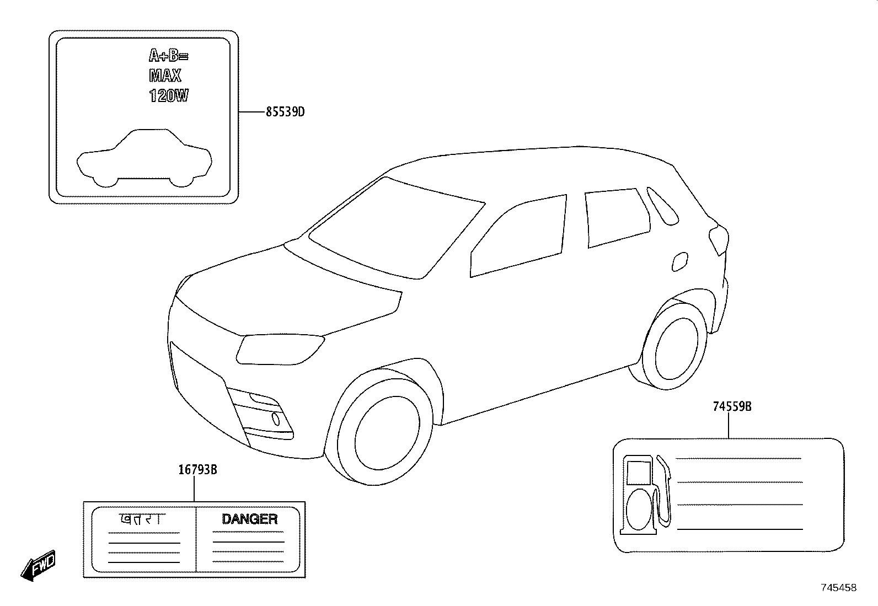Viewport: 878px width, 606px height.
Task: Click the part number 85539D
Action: coord(285,112)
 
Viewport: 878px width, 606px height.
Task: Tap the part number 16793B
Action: coord(197,470)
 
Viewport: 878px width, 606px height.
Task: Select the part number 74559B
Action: coord(732,406)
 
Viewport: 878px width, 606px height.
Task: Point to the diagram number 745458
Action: coord(839,588)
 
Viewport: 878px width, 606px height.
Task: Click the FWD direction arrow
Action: coord(39,566)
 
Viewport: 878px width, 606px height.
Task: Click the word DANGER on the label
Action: coord(250,519)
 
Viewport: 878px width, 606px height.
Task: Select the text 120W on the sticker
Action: coord(169,95)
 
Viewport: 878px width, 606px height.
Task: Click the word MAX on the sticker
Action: coord(165,75)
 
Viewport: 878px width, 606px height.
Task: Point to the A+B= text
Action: coord(169,56)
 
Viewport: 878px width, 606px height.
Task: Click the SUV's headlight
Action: coord(280,349)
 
